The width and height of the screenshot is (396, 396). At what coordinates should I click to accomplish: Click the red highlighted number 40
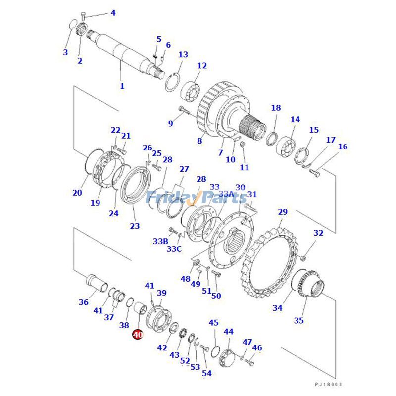(138, 335)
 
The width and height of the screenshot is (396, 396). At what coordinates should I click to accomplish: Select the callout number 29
(282, 212)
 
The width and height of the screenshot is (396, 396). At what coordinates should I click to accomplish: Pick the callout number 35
(298, 320)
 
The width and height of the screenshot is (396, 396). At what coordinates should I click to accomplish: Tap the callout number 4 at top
(113, 13)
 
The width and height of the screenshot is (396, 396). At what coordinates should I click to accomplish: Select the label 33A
(226, 194)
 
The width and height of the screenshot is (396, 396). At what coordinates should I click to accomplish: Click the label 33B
(160, 241)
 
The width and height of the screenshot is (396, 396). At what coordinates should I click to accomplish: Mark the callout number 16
(343, 147)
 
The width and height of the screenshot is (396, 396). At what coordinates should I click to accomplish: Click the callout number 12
(202, 66)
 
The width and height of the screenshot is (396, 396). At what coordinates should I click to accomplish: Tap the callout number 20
(77, 193)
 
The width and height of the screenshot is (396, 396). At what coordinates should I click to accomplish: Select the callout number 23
(135, 226)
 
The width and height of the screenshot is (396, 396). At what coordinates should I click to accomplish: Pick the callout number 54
(207, 373)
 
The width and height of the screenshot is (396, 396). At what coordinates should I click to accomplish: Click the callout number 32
(318, 233)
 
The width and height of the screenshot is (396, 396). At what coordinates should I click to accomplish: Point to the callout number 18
(276, 108)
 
